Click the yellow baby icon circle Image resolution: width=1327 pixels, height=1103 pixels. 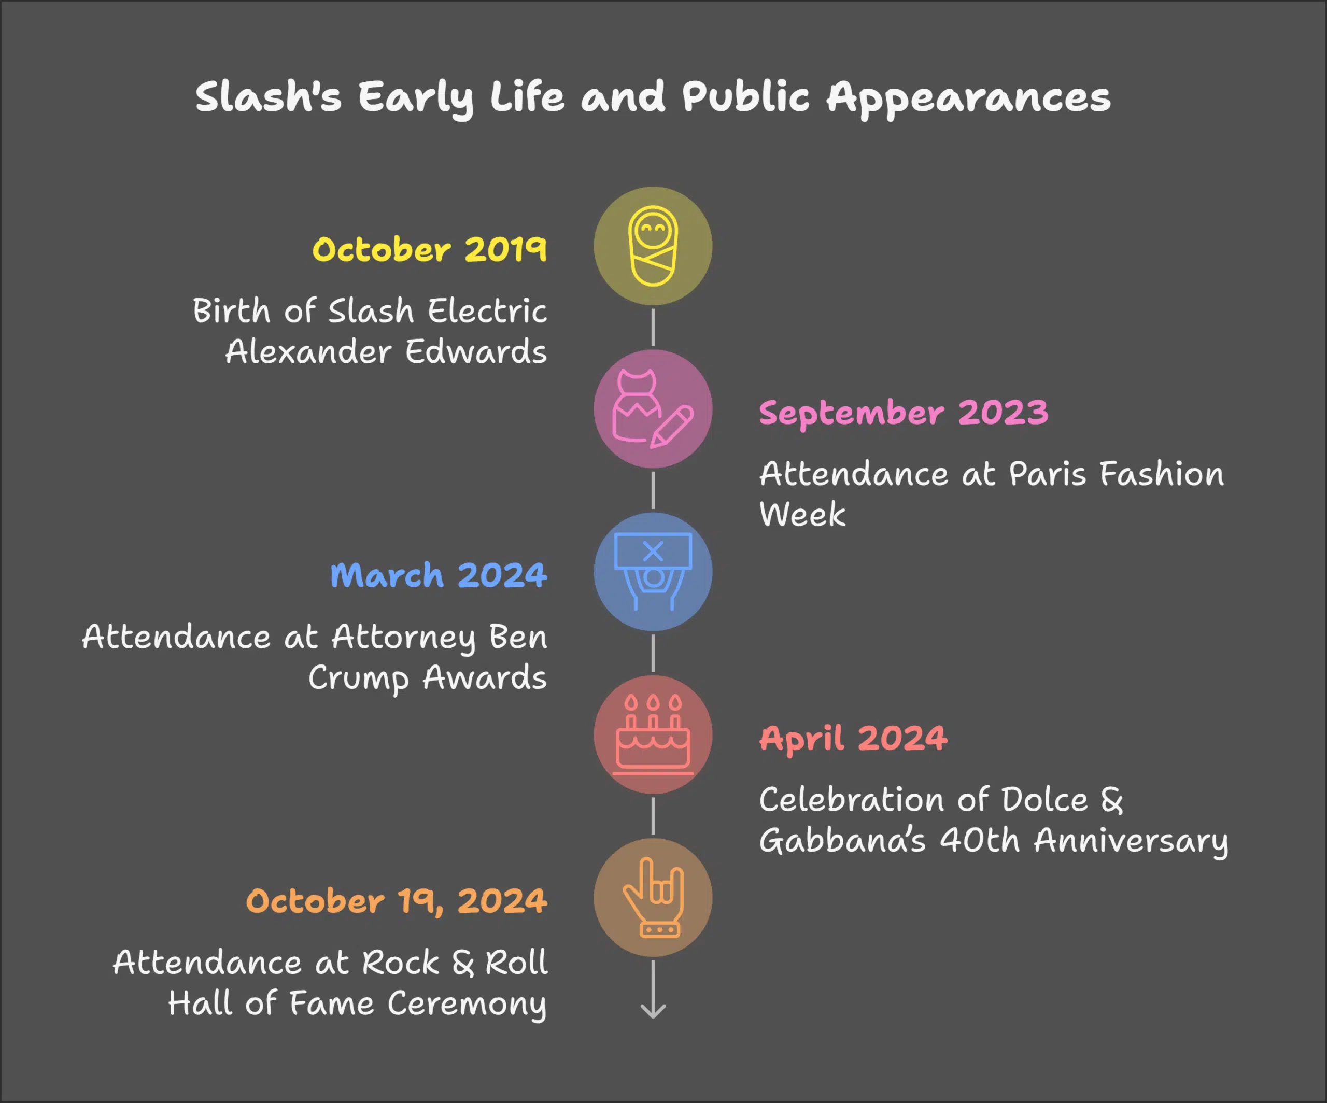pyautogui.click(x=653, y=246)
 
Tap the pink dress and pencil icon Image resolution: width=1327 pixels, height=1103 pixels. pyautogui.click(x=653, y=409)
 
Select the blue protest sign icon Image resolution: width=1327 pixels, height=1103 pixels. pyautogui.click(x=653, y=571)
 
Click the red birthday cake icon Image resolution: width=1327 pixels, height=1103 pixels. pyautogui.click(x=653, y=734)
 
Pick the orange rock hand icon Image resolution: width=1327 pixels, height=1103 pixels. pyautogui.click(x=653, y=897)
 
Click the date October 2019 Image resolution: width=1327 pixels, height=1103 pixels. pyautogui.click(x=430, y=249)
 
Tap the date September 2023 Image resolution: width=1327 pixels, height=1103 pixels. pyautogui.click(x=904, y=413)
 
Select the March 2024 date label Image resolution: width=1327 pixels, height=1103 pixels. pyautogui.click(x=439, y=575)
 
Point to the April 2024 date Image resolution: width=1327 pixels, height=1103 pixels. pyautogui.click(x=853, y=739)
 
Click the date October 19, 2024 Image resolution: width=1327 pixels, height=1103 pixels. pyautogui.click(x=396, y=901)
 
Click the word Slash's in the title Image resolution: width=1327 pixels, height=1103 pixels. pyautogui.click(x=268, y=97)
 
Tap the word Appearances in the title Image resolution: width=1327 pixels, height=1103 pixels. pyautogui.click(x=968, y=98)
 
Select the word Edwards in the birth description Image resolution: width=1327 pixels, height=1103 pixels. pyautogui.click(x=476, y=352)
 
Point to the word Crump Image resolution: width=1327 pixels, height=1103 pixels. pyautogui.click(x=358, y=678)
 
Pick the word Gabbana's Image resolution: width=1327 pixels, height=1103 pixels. pyautogui.click(x=842, y=841)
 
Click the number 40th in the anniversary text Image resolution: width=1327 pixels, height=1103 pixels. pyautogui.click(x=980, y=840)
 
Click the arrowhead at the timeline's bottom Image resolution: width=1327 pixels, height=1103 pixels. pyautogui.click(x=653, y=1011)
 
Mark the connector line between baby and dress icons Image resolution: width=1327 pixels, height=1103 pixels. pyautogui.click(x=653, y=327)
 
